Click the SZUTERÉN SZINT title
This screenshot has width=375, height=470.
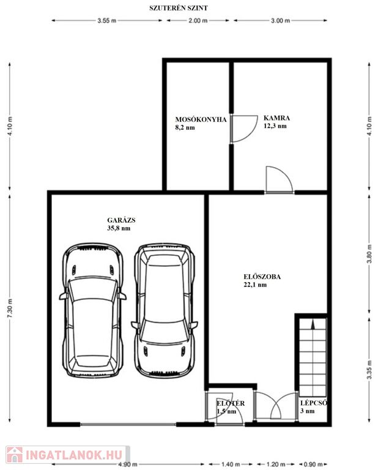(178, 8)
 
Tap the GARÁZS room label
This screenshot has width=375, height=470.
(121, 220)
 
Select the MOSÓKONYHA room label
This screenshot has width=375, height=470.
(201, 119)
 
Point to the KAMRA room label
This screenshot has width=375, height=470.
(277, 117)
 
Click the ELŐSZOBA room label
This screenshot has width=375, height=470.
(262, 277)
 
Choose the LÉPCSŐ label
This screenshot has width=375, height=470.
(314, 403)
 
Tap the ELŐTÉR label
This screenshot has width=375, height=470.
(231, 403)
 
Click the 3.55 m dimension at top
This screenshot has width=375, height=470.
(106, 21)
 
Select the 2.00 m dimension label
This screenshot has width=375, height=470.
(198, 21)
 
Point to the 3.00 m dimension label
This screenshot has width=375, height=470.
(280, 21)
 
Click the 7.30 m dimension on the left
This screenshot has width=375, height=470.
(10, 308)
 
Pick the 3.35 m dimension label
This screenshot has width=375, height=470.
(369, 369)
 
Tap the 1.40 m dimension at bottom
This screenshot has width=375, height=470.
(231, 464)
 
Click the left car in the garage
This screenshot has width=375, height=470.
(93, 310)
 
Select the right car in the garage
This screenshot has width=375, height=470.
(165, 310)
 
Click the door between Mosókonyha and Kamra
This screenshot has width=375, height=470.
(244, 129)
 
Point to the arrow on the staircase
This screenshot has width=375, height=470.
(313, 325)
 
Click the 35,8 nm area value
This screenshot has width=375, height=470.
(119, 228)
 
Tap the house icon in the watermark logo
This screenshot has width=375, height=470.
(15, 455)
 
